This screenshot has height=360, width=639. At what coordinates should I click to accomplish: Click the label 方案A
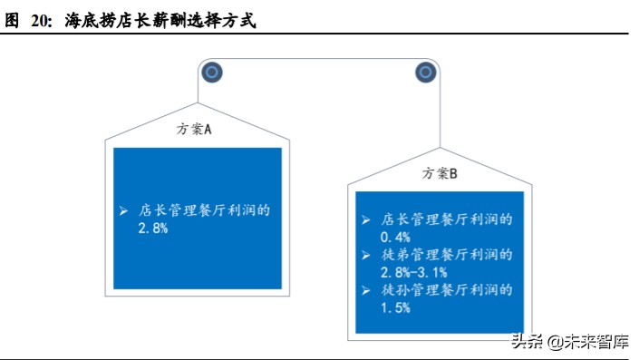194,129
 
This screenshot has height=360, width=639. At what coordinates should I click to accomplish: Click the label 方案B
441,173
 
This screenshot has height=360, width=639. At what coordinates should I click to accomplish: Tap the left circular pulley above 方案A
211,72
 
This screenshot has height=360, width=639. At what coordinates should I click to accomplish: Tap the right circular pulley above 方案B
426,72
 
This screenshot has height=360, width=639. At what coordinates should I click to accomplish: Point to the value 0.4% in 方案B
395,237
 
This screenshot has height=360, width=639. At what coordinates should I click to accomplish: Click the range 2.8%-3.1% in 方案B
413,272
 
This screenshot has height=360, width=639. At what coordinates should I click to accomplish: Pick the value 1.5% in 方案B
395,307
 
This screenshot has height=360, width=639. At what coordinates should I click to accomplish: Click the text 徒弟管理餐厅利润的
447,255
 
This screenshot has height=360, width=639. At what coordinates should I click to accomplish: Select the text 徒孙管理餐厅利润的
447,290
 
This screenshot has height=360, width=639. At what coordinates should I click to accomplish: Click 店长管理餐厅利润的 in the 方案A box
205,210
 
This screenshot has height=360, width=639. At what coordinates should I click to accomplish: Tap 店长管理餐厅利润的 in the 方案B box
447,219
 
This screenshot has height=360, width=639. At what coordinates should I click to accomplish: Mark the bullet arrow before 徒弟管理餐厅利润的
365,256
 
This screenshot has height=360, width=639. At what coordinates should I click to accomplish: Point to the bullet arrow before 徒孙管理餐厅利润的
365,291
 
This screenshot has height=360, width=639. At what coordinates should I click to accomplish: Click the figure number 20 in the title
42,21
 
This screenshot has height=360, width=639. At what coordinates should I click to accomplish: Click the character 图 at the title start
12,21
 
